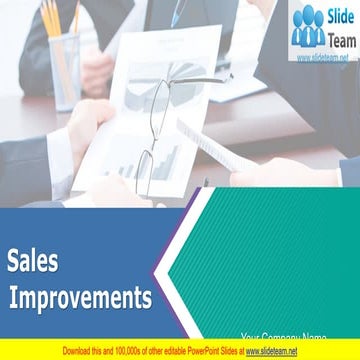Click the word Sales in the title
click(33, 261)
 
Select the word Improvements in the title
click(82, 297)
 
